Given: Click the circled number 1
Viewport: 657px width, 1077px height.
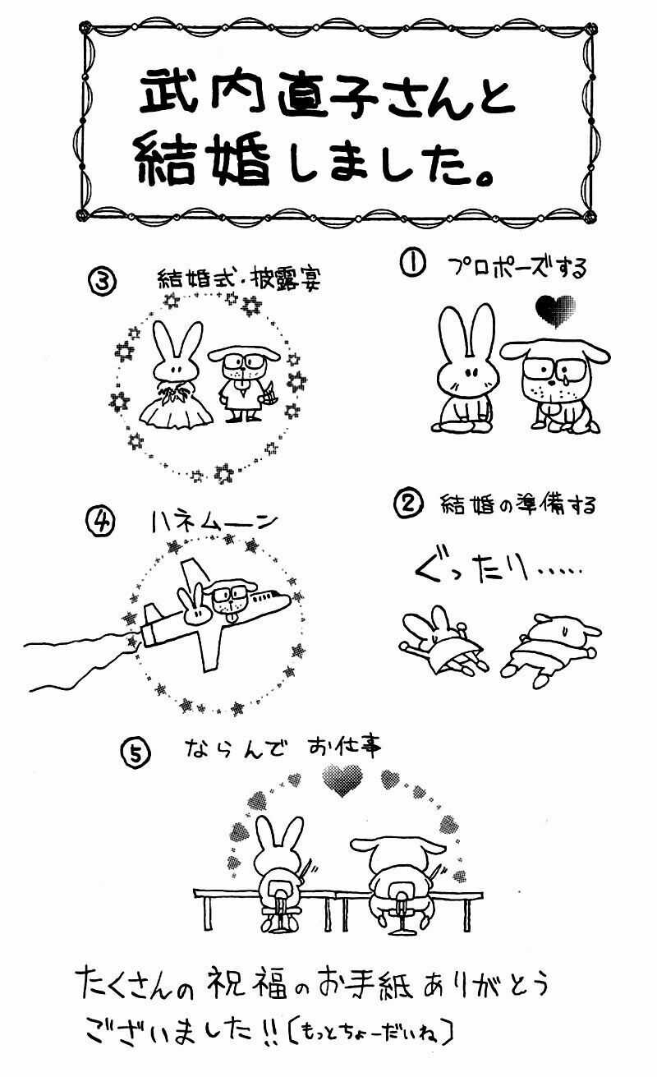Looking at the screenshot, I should [x=411, y=264].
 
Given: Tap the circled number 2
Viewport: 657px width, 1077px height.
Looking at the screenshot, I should [x=408, y=504].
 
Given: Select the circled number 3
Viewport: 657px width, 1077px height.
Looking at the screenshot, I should [x=102, y=281].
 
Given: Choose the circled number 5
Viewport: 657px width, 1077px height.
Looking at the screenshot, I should [x=136, y=750].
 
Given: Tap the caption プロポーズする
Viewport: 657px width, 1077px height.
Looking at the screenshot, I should [x=517, y=267].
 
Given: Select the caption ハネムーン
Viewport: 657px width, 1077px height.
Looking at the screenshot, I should [x=214, y=521].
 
